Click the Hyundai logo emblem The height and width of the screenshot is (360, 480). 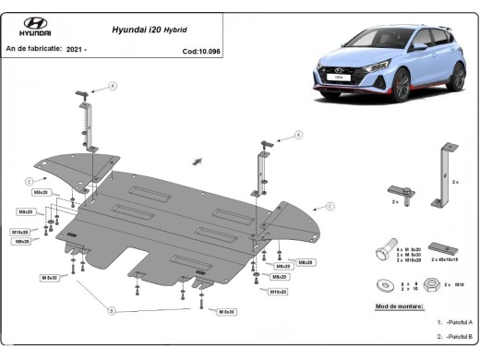(35, 24)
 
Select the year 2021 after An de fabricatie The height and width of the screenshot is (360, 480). (78, 47)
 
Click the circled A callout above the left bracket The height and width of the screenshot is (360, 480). (113, 86)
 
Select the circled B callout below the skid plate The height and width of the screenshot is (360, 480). (110, 310)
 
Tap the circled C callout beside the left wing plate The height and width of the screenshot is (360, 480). (30, 179)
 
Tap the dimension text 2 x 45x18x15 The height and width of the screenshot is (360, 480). (450, 261)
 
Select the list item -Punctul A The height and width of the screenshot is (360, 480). (456, 322)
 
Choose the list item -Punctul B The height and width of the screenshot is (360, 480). (456, 338)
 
